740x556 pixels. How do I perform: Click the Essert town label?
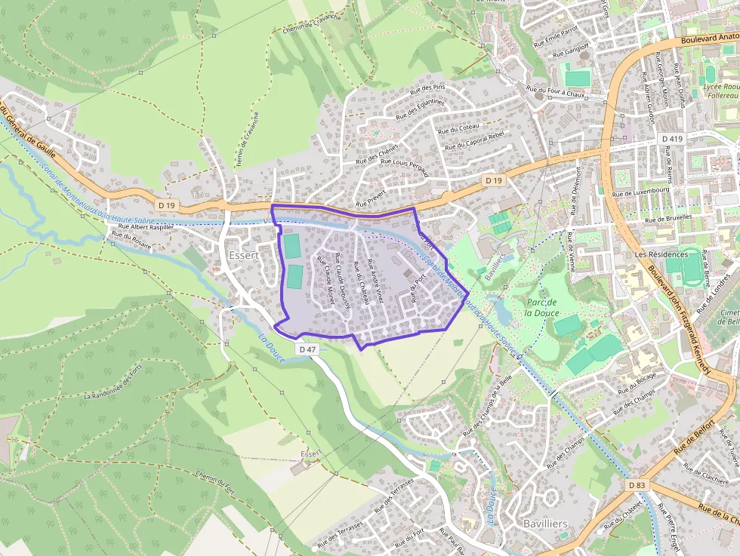242,256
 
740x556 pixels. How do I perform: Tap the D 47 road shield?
307,349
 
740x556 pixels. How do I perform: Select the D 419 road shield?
671,139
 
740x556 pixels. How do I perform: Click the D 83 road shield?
637,485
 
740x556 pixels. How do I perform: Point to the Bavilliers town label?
545,523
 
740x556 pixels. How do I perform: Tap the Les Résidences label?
660,255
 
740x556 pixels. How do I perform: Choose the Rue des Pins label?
427,93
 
